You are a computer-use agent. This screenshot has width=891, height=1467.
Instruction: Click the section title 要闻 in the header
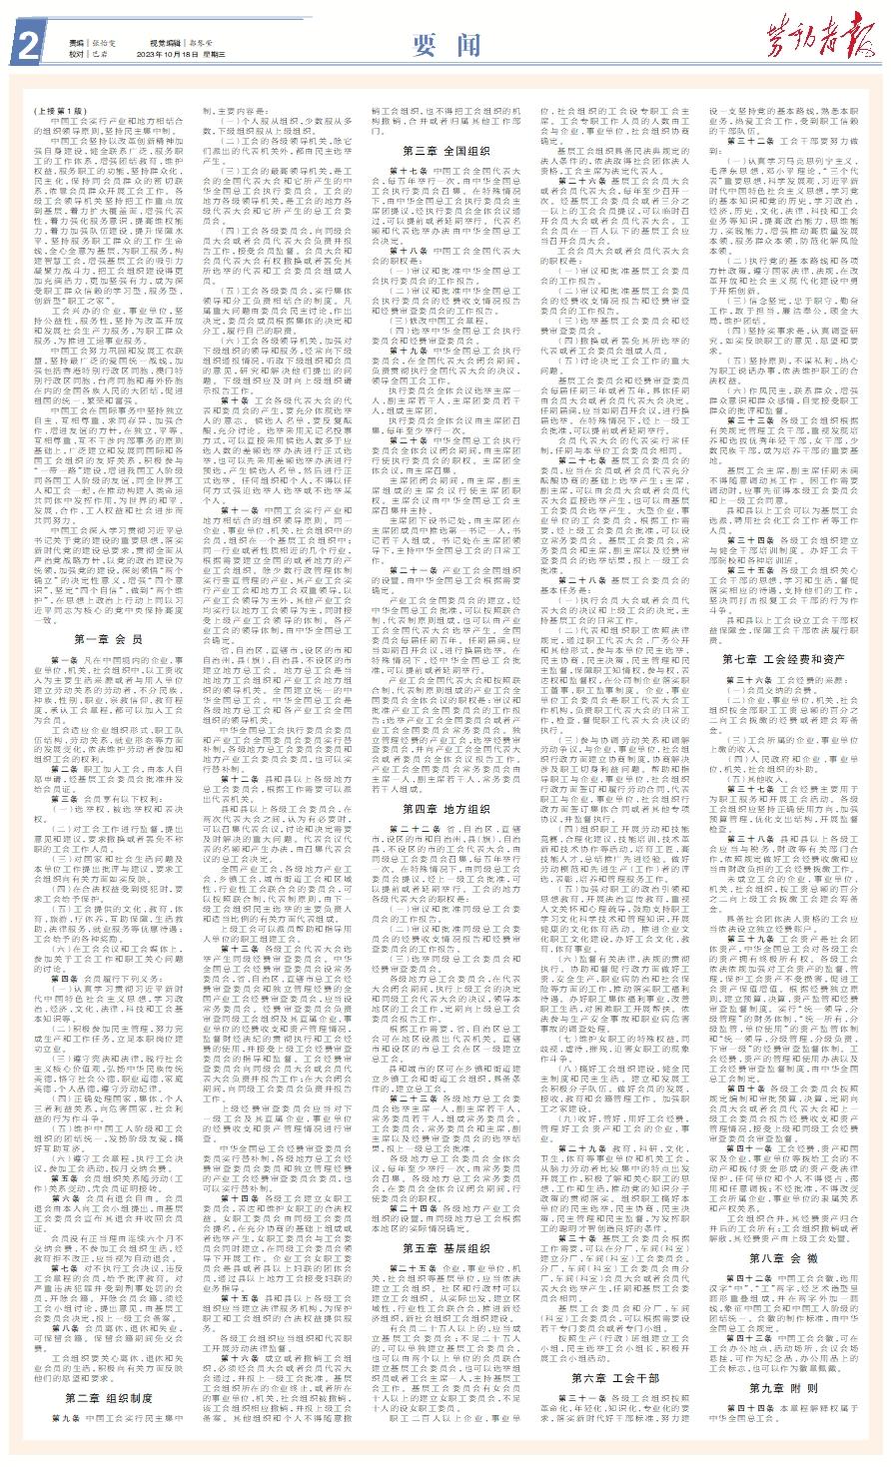(x=440, y=43)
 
